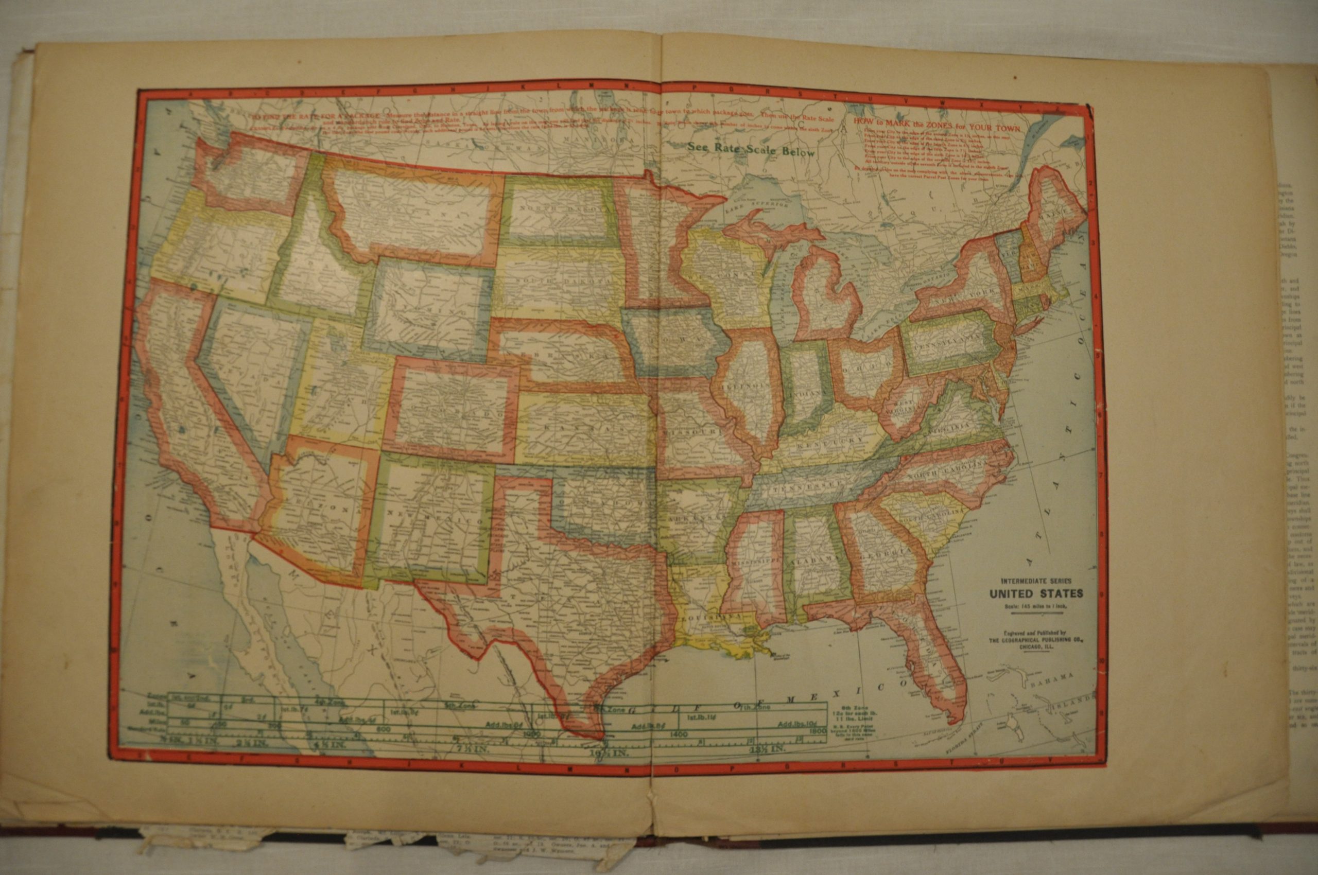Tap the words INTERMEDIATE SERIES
[1035, 582]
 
